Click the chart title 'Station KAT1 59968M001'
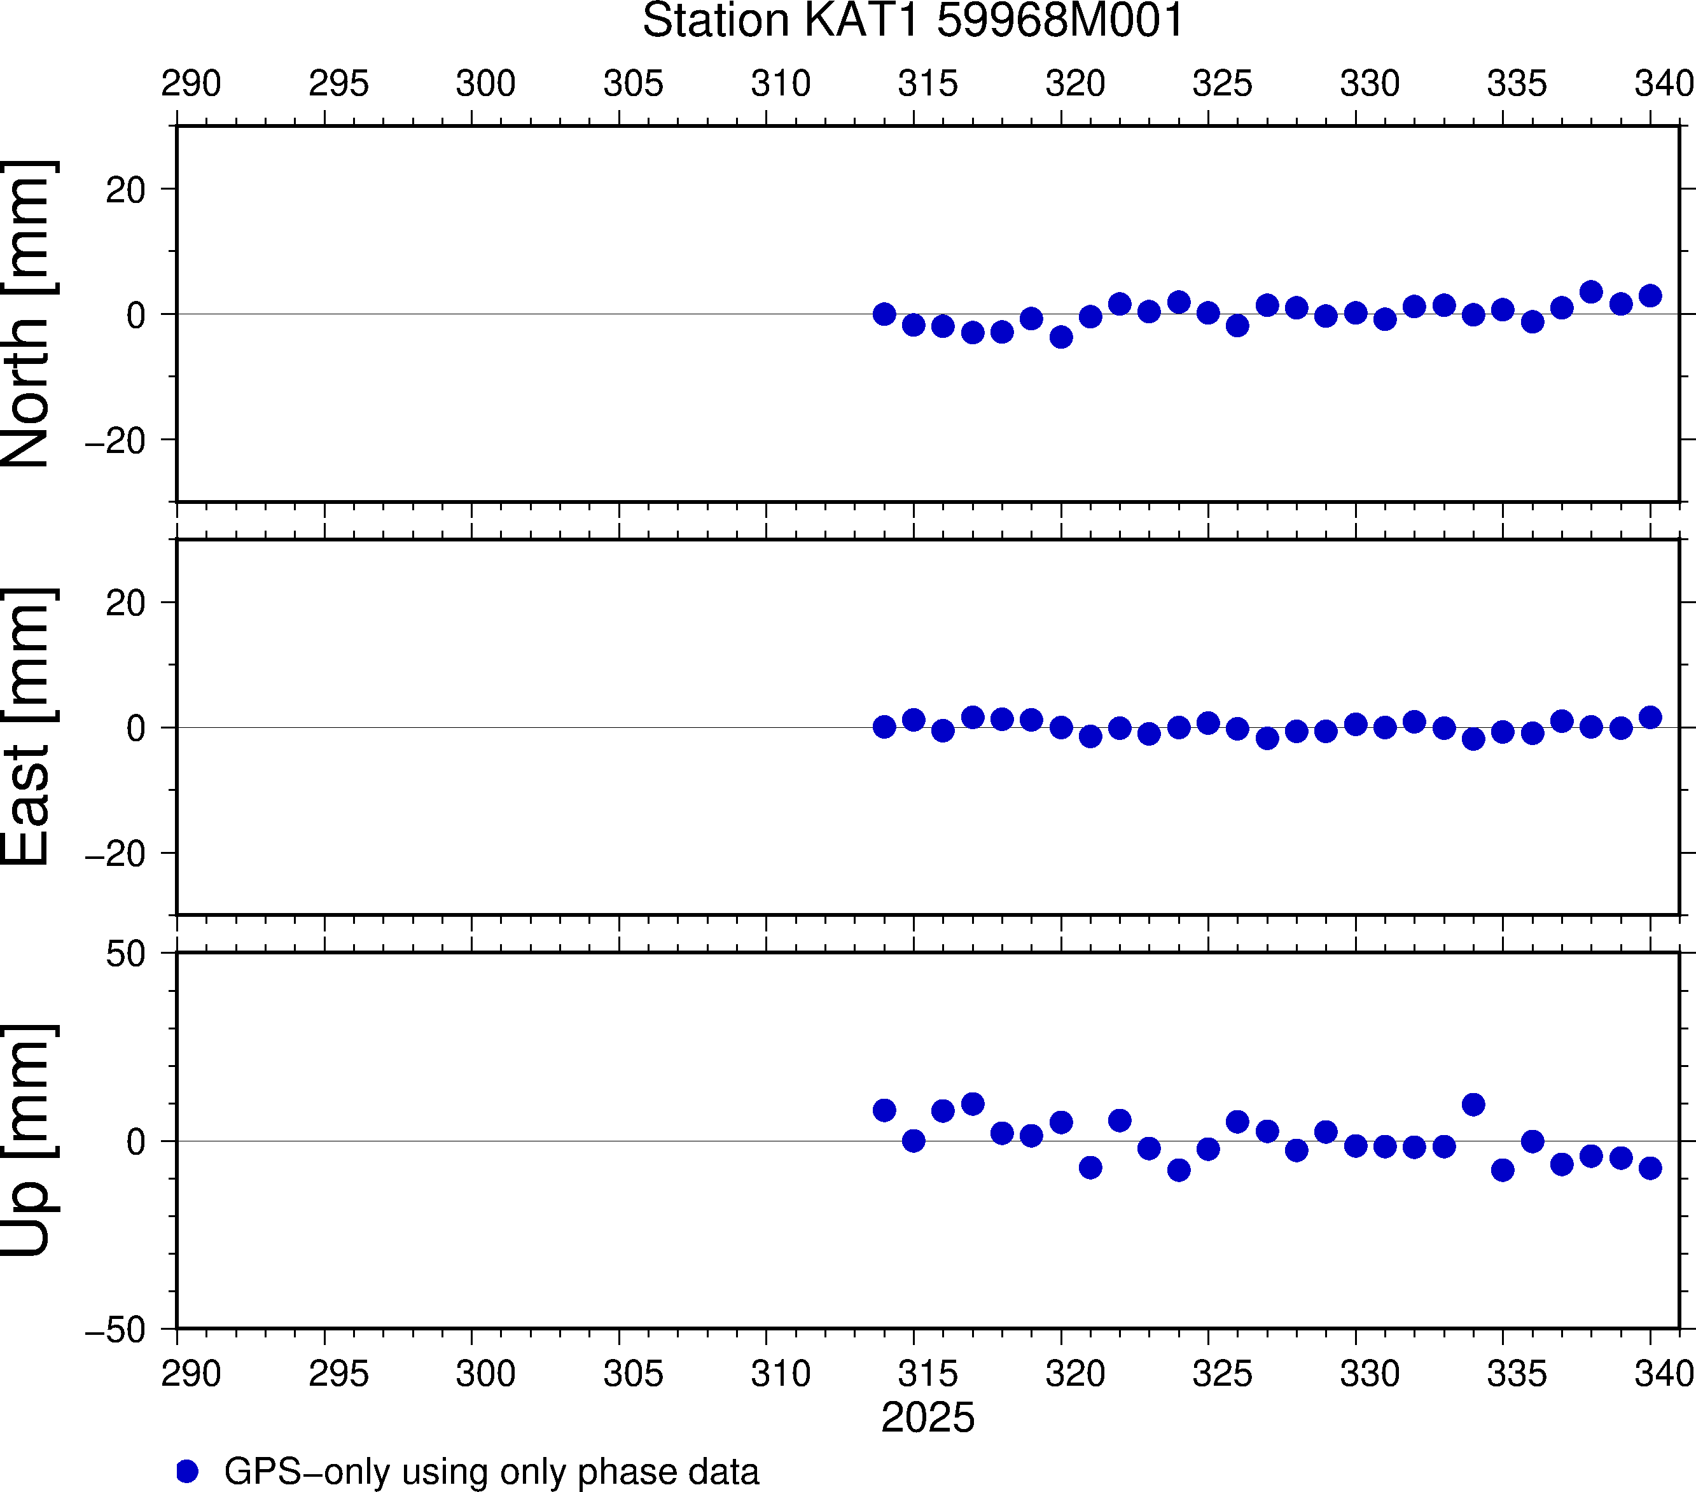click(x=913, y=21)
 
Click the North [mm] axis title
click(x=27, y=314)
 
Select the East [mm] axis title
click(x=27, y=727)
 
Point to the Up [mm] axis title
click(x=27, y=1140)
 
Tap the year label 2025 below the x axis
click(x=928, y=1418)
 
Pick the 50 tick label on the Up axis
click(x=125, y=955)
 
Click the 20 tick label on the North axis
click(x=125, y=190)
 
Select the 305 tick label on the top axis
click(x=633, y=84)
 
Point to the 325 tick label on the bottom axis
click(x=1222, y=1373)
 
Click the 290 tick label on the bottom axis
click(x=191, y=1373)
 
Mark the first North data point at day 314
click(x=884, y=314)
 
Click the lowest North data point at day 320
click(x=1061, y=337)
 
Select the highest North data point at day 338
click(x=1592, y=292)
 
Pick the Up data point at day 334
click(x=1473, y=1105)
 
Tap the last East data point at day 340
click(x=1650, y=717)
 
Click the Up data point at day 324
click(x=1179, y=1170)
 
